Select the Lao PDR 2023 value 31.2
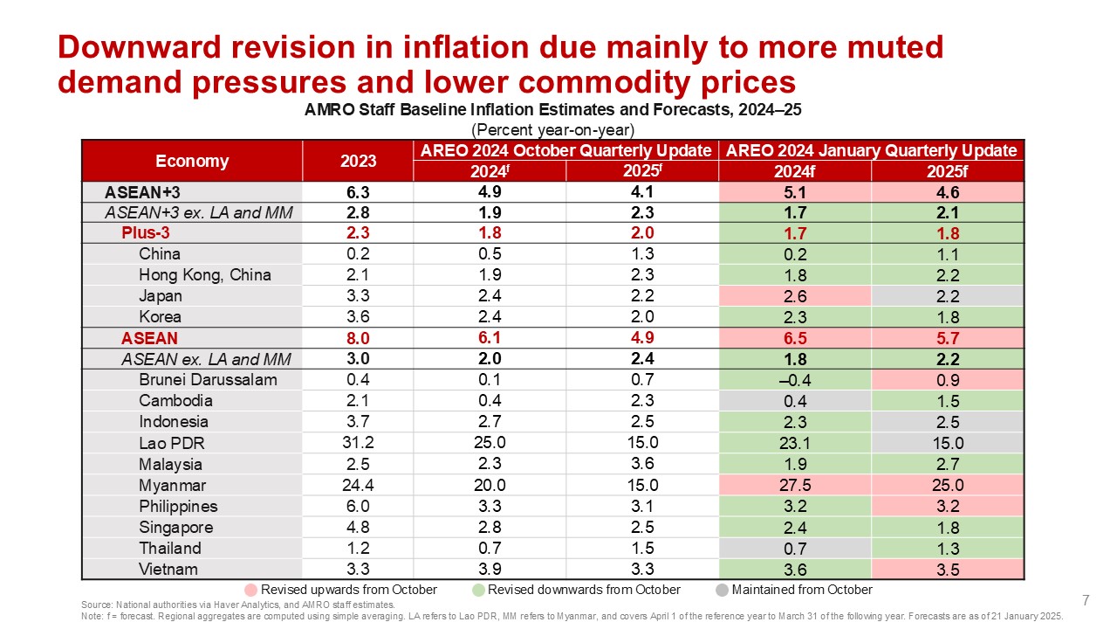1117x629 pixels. (x=359, y=444)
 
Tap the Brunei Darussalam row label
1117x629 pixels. (x=208, y=380)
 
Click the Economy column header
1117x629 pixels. (x=192, y=161)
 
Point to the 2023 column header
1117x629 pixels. (x=359, y=161)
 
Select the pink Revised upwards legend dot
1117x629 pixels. (x=251, y=590)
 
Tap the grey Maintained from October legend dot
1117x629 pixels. (x=722, y=590)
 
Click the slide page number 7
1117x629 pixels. (x=1086, y=600)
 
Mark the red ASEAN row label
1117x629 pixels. (x=149, y=338)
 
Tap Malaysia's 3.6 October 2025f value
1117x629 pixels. (x=641, y=465)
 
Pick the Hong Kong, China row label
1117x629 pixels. (x=205, y=275)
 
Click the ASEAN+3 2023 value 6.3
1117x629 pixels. (x=359, y=192)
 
